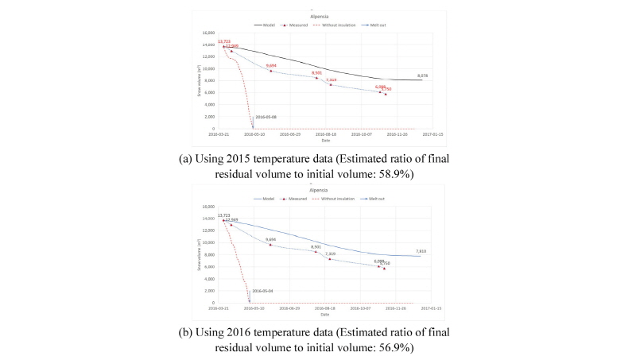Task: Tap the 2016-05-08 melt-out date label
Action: (266, 117)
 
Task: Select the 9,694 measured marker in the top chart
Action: (271, 71)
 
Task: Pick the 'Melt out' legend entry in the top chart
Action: (386, 25)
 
